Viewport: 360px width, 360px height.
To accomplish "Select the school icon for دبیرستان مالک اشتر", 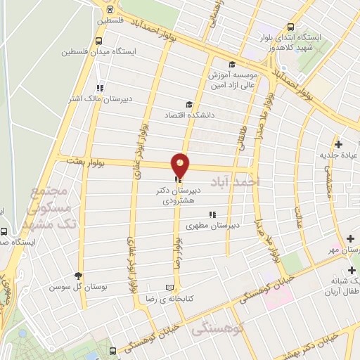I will pos(100,88).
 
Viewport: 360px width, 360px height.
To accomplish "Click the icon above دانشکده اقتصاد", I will pos(188,103).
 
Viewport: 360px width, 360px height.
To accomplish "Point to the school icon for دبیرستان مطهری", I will pos(212,215).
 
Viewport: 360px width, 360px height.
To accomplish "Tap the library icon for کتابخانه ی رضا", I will pos(168,287).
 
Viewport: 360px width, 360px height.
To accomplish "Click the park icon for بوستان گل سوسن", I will pos(78,276).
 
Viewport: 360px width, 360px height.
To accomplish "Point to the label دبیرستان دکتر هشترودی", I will pos(181,195).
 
